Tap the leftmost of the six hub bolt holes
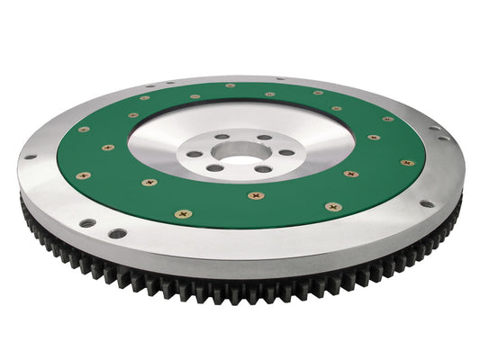[195, 152]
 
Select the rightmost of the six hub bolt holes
[285, 151]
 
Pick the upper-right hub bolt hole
[263, 138]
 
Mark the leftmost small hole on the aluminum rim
[30, 157]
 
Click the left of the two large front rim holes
[87, 222]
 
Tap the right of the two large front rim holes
[117, 233]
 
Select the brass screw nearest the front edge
[184, 214]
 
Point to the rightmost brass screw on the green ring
[407, 163]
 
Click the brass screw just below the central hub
[256, 194]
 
